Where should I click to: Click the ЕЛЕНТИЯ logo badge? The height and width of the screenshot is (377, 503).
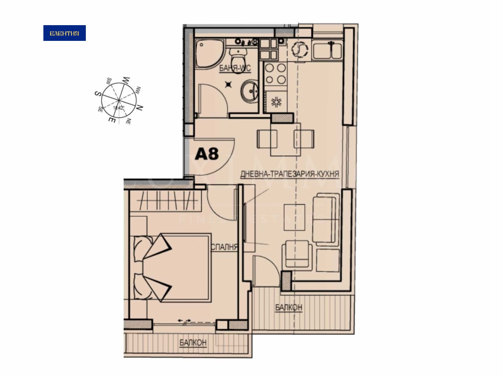[x=64, y=33]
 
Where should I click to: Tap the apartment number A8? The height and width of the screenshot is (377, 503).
[x=207, y=154]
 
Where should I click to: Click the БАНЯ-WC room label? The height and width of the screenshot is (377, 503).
[x=235, y=68]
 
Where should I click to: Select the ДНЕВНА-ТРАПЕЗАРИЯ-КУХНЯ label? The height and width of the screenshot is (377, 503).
[x=289, y=174]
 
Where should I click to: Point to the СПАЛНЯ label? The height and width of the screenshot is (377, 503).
[x=224, y=247]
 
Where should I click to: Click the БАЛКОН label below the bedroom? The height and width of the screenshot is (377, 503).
[x=193, y=342]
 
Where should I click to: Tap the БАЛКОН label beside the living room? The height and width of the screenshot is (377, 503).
[x=288, y=307]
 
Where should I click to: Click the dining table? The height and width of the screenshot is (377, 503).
[x=285, y=139]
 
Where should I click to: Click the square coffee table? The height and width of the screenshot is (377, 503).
[x=294, y=217]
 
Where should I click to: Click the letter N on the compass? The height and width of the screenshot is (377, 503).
[x=140, y=108]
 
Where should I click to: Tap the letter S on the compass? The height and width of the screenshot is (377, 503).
[x=97, y=94]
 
